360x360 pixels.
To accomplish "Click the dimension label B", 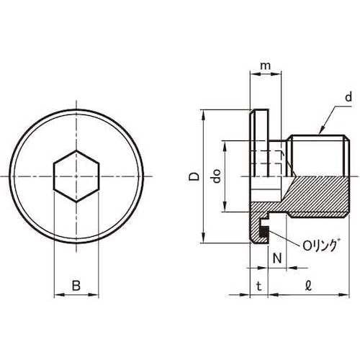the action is [x=76, y=286].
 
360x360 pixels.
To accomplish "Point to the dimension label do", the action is [x=216, y=176].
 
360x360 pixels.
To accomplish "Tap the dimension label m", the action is [x=265, y=66].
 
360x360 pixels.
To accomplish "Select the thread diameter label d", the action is [x=348, y=97].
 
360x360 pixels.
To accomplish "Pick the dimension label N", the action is [x=277, y=258].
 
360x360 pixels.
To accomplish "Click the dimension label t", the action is [x=258, y=286].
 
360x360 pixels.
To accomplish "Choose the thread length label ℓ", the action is [x=309, y=286].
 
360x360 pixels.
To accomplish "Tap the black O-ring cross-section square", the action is [x=264, y=232].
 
